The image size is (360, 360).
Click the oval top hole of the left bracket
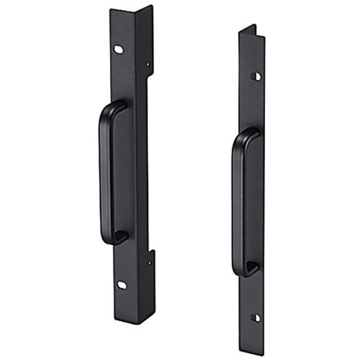pos(118,49)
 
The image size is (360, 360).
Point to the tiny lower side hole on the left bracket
pos(149,262)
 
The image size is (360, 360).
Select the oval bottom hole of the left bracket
pos(122,285)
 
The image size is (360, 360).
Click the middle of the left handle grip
pos(105,175)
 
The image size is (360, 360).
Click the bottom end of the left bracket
pos(134,321)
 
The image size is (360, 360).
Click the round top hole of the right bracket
pos(256,76)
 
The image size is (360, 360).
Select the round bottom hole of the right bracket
pos(254,317)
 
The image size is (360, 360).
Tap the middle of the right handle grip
pos(238,203)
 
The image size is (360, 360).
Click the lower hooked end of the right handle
pos(249,269)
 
